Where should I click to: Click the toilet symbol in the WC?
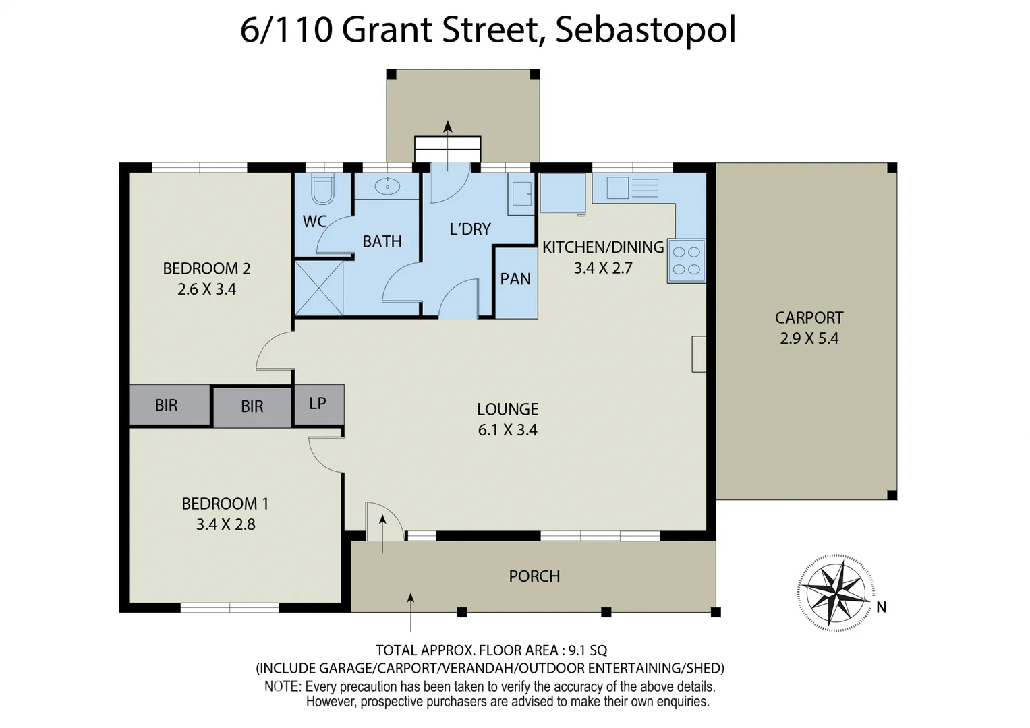pyautogui.click(x=322, y=189)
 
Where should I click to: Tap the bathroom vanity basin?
pyautogui.click(x=387, y=185)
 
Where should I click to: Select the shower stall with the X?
pyautogui.click(x=319, y=288)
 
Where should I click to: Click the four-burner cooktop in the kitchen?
pyautogui.click(x=687, y=261)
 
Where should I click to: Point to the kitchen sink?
pyautogui.click(x=618, y=187)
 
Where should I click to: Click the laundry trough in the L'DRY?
pyautogui.click(x=520, y=195)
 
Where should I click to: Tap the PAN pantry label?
pyautogui.click(x=515, y=279)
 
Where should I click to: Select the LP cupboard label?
pyautogui.click(x=318, y=403)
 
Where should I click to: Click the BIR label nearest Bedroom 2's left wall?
pyautogui.click(x=167, y=405)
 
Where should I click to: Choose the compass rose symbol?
pyautogui.click(x=835, y=592)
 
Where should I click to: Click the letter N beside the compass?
pyautogui.click(x=881, y=607)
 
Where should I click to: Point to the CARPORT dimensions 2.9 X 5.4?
pyautogui.click(x=809, y=338)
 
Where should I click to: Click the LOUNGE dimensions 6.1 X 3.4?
pyautogui.click(x=507, y=430)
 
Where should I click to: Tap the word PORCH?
pyautogui.click(x=534, y=576)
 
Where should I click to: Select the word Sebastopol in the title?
pyautogui.click(x=646, y=30)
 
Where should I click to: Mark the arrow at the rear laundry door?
pyautogui.click(x=447, y=127)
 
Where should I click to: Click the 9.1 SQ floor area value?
pyautogui.click(x=588, y=650)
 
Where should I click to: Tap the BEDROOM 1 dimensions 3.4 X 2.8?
pyautogui.click(x=225, y=524)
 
